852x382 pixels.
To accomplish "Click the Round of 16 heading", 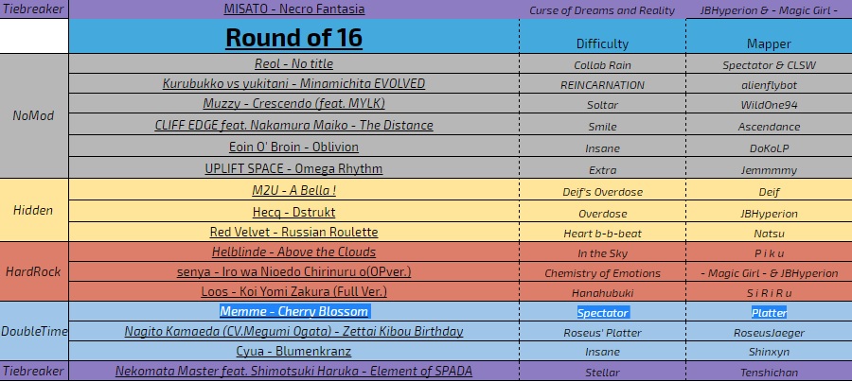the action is [x=294, y=38].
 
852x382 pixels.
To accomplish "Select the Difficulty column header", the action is [x=602, y=43].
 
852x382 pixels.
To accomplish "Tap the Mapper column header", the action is [x=769, y=43].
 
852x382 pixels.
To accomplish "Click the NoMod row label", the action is [x=34, y=115].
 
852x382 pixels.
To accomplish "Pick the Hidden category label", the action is [x=33, y=210].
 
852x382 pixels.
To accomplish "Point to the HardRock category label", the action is [x=33, y=271].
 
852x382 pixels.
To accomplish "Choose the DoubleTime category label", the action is [x=34, y=332].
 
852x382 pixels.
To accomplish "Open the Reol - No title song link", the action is [x=294, y=64].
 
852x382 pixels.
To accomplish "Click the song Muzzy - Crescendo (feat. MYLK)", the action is [x=294, y=104].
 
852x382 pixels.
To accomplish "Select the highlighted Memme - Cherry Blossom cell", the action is [x=294, y=311].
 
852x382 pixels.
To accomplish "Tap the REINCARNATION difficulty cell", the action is [x=602, y=85].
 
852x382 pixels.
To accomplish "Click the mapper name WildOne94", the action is [x=769, y=105].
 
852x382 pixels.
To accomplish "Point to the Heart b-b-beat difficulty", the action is [x=602, y=234].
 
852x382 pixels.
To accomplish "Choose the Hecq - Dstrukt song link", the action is [x=294, y=212].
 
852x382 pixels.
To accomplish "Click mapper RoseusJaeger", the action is [x=769, y=333].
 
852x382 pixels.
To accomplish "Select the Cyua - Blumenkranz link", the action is [x=294, y=351].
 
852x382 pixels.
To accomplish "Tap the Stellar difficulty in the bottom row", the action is [x=602, y=373].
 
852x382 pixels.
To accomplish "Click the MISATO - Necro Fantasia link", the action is [x=294, y=9].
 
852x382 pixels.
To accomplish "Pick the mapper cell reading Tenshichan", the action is [x=769, y=373].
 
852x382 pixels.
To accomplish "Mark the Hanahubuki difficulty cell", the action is [x=602, y=293].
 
